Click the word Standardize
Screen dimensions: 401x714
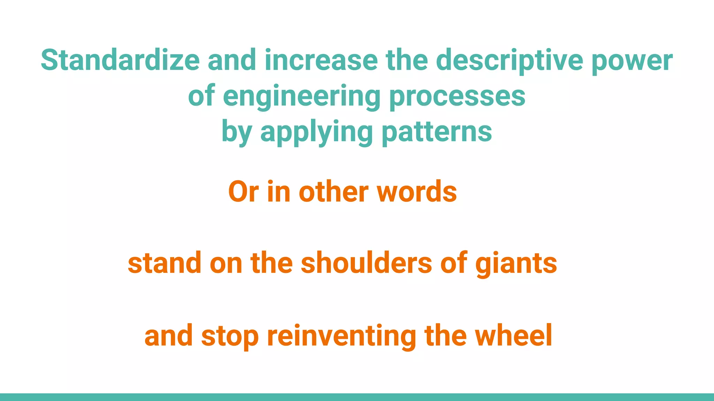[x=120, y=60]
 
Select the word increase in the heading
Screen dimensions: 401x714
[x=321, y=60]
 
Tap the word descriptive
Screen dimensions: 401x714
[x=509, y=61]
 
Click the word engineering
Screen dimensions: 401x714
[x=302, y=96]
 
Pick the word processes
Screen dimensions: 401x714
[x=457, y=96]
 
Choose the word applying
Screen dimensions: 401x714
[x=317, y=132]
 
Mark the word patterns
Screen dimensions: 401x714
[x=437, y=132]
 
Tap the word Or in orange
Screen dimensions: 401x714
[x=244, y=192]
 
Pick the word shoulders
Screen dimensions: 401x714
[x=366, y=263]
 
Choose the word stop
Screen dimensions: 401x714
[x=230, y=336]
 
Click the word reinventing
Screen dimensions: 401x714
[x=342, y=336]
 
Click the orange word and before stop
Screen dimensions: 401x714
[x=168, y=336]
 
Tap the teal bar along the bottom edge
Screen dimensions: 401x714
[x=357, y=397]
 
